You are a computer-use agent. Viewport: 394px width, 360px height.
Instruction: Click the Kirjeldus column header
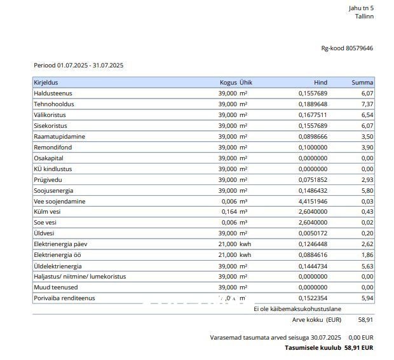[46, 83]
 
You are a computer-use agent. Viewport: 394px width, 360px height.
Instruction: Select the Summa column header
[362, 83]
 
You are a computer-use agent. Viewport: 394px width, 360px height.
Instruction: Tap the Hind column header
[320, 83]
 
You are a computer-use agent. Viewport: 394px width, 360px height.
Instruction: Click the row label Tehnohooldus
[54, 104]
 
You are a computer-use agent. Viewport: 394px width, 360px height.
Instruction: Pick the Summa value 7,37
[367, 104]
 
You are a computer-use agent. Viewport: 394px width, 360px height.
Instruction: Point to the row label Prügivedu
[48, 180]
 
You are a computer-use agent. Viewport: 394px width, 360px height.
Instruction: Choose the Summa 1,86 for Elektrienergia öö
[367, 255]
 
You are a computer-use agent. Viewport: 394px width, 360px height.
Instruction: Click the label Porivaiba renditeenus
[64, 298]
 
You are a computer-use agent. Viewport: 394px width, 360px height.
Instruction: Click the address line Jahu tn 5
[361, 8]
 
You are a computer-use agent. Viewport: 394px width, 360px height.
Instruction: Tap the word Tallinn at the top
[364, 16]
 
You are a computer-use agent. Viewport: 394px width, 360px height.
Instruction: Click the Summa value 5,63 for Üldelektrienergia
[367, 266]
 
